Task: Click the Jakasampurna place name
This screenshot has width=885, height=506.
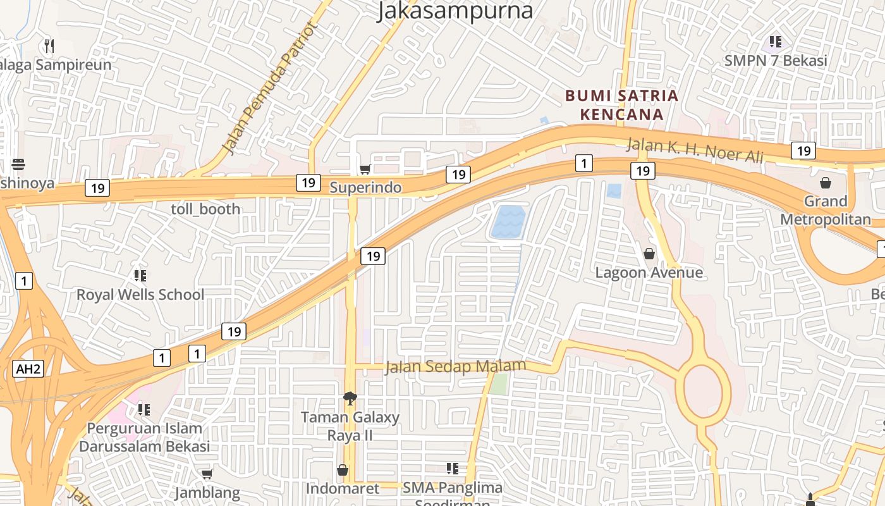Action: [x=455, y=11]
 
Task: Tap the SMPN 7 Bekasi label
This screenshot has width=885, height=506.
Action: [x=776, y=61]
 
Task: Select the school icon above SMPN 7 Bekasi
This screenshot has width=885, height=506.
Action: [x=776, y=42]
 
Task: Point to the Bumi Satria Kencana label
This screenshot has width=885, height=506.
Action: [x=621, y=105]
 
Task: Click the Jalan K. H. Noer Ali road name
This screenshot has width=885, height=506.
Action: [x=695, y=150]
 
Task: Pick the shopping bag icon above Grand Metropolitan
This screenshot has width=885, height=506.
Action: [x=826, y=183]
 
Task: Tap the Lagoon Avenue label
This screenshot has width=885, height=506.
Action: [x=649, y=273]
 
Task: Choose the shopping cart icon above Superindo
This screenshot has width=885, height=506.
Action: [x=365, y=169]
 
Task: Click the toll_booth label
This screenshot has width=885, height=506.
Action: [x=205, y=209]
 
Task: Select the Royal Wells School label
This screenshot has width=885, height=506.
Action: [x=140, y=295]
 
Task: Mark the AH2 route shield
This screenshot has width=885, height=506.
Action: [x=28, y=369]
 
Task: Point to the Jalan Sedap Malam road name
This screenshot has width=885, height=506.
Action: [x=455, y=367]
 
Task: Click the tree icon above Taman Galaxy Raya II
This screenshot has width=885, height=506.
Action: [x=350, y=398]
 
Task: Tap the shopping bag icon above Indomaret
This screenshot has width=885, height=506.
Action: [x=343, y=470]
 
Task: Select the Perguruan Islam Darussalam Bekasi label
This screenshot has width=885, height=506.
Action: [x=144, y=437]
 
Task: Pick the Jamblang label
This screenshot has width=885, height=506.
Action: [x=207, y=493]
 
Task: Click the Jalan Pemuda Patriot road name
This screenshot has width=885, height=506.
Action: [x=269, y=89]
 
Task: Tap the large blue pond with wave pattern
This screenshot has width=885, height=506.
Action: [x=508, y=222]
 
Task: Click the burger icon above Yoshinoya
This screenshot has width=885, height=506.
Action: [x=18, y=165]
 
